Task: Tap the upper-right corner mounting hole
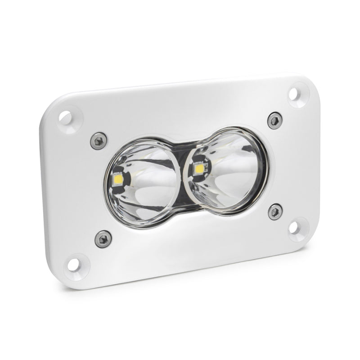pos(293,94)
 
